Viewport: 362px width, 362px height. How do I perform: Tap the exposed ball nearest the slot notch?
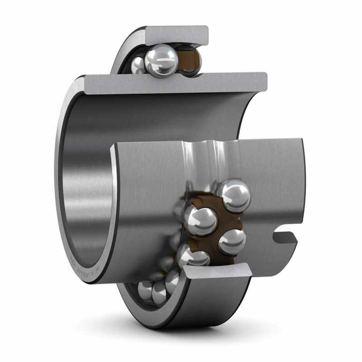coord(232,242)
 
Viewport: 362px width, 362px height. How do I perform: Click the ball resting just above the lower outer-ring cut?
coord(194,258)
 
